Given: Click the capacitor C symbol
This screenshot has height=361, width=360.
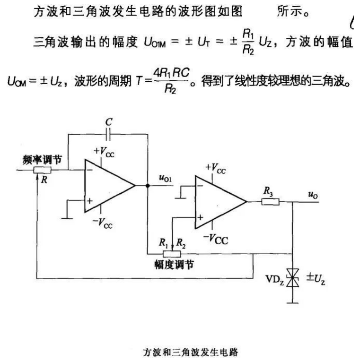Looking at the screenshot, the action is [108, 134].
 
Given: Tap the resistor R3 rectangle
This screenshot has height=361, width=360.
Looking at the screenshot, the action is [270, 202].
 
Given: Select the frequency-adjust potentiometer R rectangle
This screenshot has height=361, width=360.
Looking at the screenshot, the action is [42, 170].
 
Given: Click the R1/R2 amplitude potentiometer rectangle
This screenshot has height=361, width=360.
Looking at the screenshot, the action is [172, 254].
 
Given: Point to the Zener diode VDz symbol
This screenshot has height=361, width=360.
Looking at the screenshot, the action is [293, 278].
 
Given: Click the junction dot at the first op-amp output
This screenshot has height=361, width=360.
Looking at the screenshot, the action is [148, 186].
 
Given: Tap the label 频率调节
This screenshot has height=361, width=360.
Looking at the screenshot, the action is [42, 160].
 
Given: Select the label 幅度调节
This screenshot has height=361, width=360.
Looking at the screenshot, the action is [174, 265].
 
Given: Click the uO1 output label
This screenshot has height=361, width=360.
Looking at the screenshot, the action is [165, 178].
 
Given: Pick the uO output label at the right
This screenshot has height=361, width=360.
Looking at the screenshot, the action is [313, 195].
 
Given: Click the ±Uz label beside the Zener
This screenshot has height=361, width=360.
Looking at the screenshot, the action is [316, 279].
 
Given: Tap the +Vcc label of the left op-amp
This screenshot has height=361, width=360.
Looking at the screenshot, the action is [104, 152].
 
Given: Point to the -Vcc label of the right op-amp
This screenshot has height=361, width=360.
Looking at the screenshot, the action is [216, 239].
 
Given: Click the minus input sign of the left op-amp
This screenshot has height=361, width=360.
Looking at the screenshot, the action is [89, 170].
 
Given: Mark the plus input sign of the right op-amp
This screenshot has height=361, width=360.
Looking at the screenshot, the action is [200, 217].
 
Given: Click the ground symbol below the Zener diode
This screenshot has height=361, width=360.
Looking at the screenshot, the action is [293, 303].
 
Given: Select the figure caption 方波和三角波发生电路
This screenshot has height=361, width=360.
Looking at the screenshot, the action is [190, 352].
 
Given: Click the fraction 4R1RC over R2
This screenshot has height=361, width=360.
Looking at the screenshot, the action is [171, 81].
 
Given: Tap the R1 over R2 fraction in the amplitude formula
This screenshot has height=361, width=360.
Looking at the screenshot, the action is [248, 43].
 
